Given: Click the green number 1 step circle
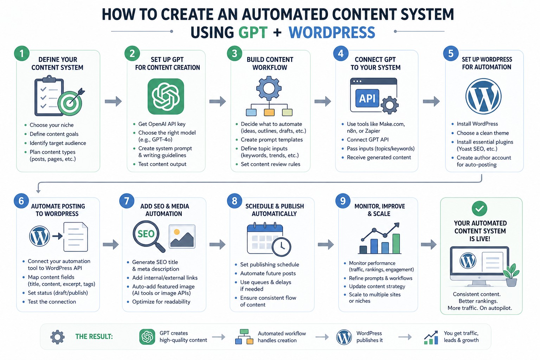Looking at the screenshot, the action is pos(22,53).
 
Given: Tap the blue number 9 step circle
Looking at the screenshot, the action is pos(342,201).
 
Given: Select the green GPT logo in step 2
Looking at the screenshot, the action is pos(166,96).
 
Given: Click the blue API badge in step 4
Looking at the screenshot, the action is pos(367,98).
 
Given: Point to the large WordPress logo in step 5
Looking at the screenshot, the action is pos(483,96).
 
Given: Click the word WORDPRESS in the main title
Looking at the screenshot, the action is pos(332,33).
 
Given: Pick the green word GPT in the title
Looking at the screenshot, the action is pos(253,33).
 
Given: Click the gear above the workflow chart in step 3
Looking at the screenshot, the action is pos(269,88).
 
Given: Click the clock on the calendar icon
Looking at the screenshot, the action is pos(281,247).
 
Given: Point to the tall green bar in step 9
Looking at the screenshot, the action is pos(396,244).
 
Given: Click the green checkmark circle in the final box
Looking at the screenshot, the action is pos(479,208).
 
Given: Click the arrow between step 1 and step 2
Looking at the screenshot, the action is pos(113,101).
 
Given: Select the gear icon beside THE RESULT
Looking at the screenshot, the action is pos(57,337).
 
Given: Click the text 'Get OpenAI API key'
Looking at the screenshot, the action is pos(162,124).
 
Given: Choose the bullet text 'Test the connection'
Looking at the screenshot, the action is pos(52,302).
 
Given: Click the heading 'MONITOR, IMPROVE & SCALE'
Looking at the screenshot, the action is pos(379,210).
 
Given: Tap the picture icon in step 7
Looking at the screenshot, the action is pos(182,237).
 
